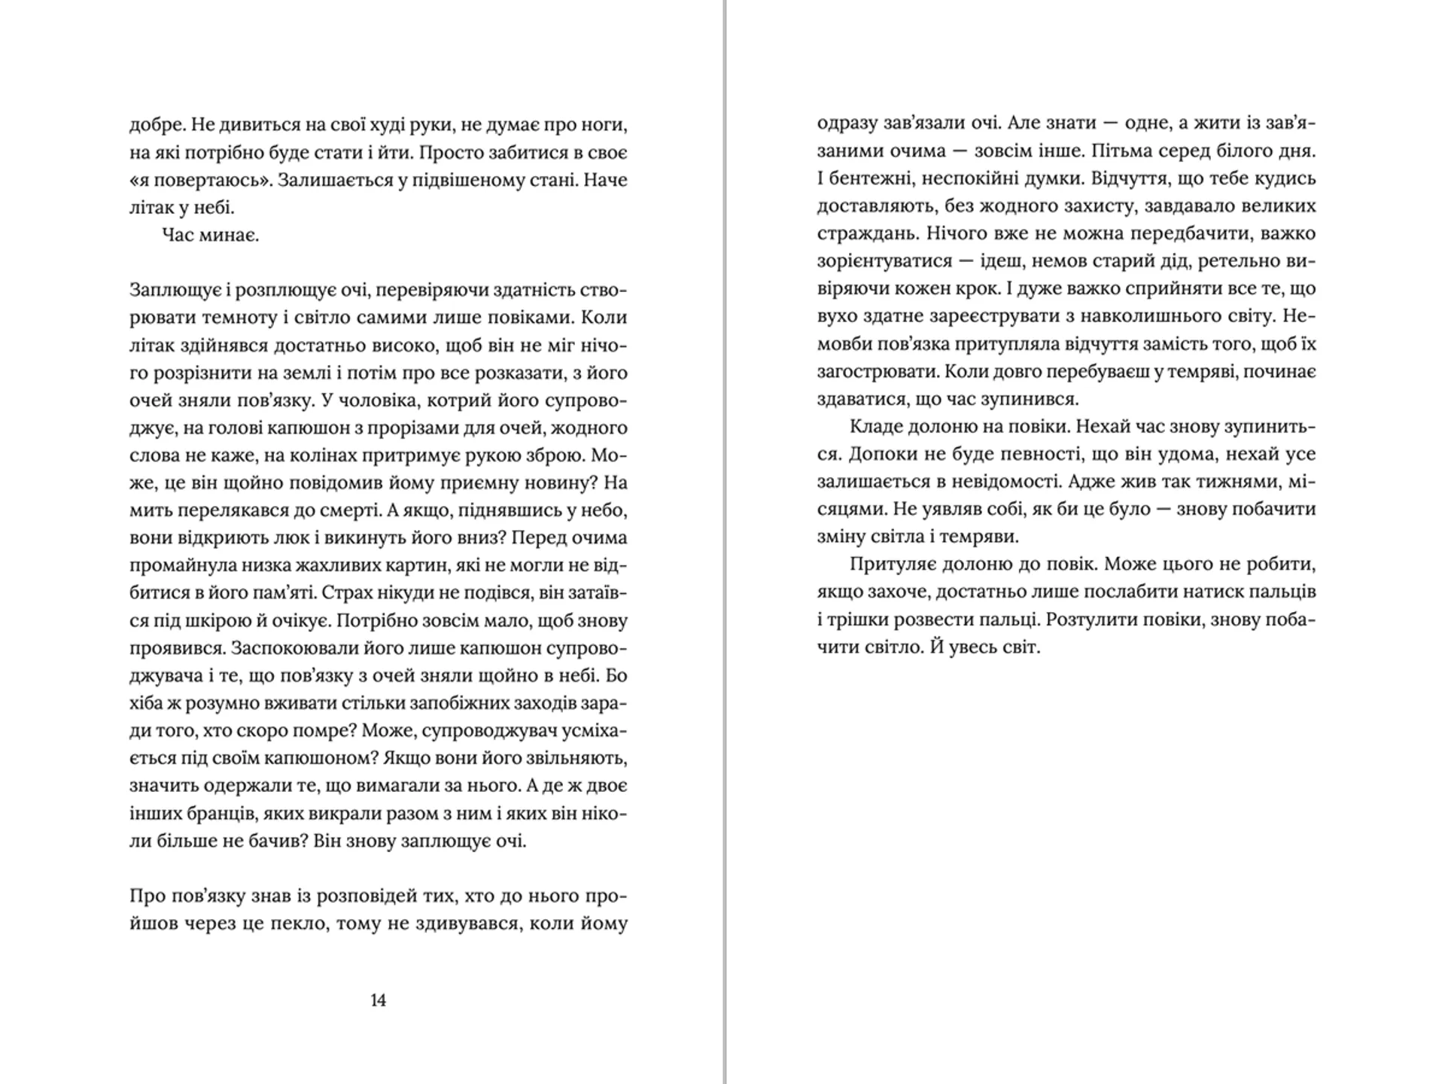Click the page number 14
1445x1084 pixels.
[x=378, y=1000]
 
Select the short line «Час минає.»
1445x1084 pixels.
[x=211, y=236]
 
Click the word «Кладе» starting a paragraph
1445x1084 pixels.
[x=875, y=427]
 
